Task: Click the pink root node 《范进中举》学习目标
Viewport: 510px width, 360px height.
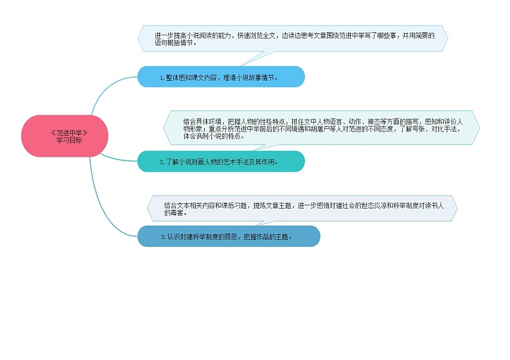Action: tap(65, 135)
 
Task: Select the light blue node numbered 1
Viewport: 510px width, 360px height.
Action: tap(220, 77)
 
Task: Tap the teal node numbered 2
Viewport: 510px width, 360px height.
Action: tap(220, 162)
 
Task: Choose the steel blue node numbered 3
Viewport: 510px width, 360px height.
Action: tap(228, 236)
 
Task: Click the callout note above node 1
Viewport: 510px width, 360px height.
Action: tap(292, 39)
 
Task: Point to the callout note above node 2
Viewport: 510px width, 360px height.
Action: tap(321, 128)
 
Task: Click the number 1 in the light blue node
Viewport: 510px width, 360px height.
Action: tap(162, 78)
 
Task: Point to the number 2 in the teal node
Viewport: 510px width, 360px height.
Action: tap(162, 162)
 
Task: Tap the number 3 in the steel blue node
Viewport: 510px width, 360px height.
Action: tap(163, 237)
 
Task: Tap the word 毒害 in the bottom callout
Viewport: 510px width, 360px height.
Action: tap(171, 212)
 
